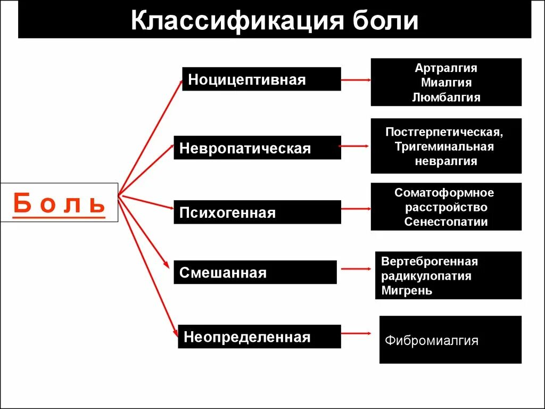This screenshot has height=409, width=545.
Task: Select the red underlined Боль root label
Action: [x=59, y=203]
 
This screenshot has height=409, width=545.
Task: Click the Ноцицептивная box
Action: [x=261, y=79]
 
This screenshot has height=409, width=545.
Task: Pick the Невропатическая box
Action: [x=257, y=148]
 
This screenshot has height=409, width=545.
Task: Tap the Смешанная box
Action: [x=255, y=273]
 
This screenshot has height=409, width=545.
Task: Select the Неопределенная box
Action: [x=259, y=337]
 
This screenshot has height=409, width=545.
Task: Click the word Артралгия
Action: [x=446, y=68]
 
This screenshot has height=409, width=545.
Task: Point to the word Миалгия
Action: [x=446, y=83]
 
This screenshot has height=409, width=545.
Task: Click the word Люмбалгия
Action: [x=446, y=97]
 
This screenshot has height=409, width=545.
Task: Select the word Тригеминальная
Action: [x=444, y=146]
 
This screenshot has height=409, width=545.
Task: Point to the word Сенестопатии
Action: [x=446, y=222]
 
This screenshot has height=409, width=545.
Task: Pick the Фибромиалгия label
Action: [x=431, y=340]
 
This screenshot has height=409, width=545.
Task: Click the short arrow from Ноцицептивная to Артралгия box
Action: [x=356, y=80]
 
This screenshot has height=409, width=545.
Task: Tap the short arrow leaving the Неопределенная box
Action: [x=356, y=333]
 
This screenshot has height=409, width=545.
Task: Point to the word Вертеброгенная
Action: [x=430, y=261]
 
